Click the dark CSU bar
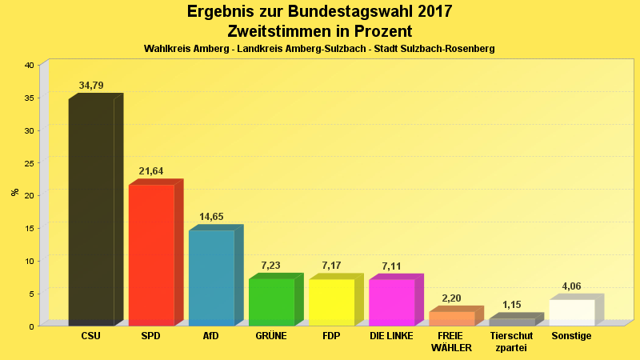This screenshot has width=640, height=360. click(x=91, y=212)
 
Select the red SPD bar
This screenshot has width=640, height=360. click(x=151, y=254)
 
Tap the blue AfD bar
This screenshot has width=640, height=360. click(x=211, y=278)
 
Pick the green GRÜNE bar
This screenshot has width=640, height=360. click(x=271, y=302)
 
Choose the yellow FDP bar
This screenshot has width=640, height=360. click(x=331, y=302)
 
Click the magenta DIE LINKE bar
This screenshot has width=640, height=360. click(x=391, y=302)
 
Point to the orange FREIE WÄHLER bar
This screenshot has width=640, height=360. click(x=452, y=318)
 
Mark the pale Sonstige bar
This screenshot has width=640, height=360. click(x=572, y=312)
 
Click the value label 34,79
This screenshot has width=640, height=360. click(x=91, y=86)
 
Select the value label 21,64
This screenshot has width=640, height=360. click(x=151, y=171)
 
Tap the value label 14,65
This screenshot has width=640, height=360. click(x=211, y=217)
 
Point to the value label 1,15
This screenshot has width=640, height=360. click(x=511, y=305)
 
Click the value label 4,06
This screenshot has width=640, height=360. click(x=572, y=286)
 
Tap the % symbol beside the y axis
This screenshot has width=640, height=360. click(x=14, y=192)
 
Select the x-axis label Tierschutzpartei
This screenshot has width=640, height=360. click(x=511, y=342)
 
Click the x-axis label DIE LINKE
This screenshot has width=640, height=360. click(x=391, y=336)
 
